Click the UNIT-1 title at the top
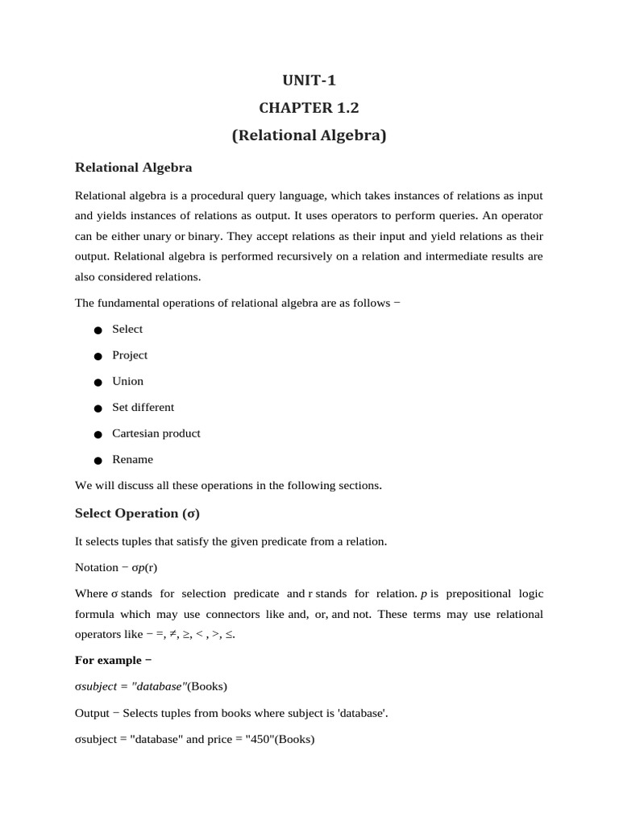pos(309,80)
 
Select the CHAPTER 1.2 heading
pos(309,108)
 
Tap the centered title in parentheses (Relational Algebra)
pos(309,135)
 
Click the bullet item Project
pos(130,355)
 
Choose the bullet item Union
pos(127,381)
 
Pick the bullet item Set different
pos(143,407)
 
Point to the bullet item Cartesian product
pos(156,433)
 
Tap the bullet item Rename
pos(132,459)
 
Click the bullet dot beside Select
pos(98,330)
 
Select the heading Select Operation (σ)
pos(137,513)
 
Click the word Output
pos(92,713)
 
